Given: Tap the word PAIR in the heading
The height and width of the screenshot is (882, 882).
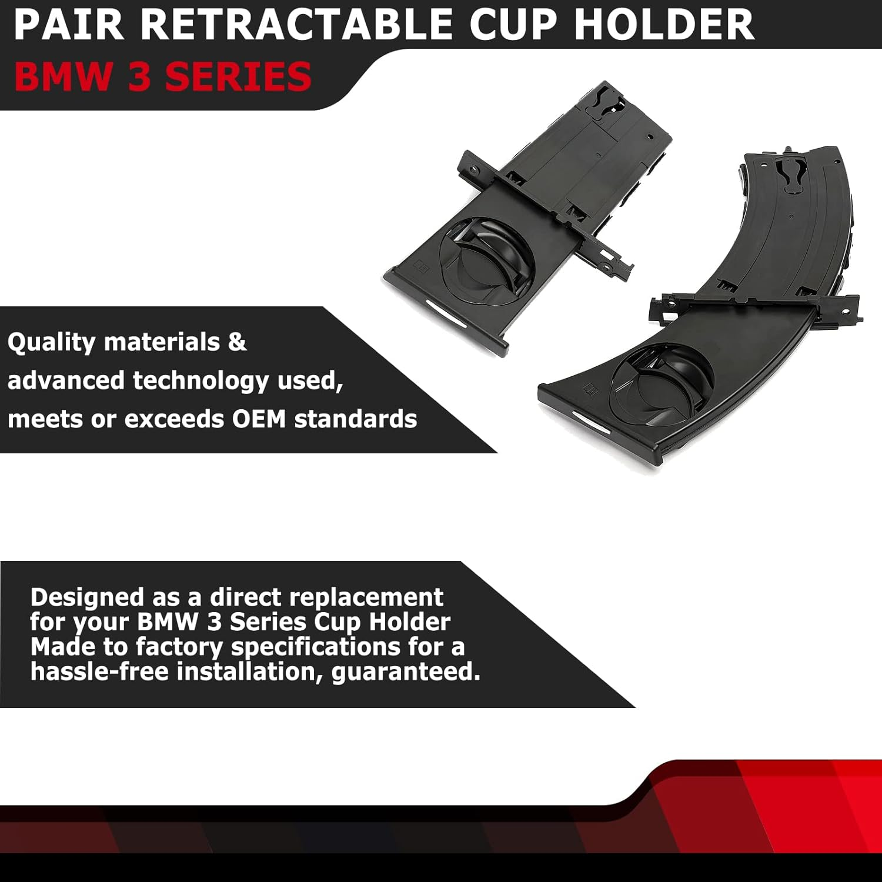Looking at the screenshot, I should pyautogui.click(x=69, y=25).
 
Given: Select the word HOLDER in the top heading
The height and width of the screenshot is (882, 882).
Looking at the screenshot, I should pyautogui.click(x=664, y=25).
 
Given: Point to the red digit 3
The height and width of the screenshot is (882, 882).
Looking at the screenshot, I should pyautogui.click(x=139, y=78).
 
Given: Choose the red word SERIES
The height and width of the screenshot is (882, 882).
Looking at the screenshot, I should pyautogui.click(x=238, y=78).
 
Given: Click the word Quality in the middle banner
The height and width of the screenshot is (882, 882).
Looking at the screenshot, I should pyautogui.click(x=51, y=342).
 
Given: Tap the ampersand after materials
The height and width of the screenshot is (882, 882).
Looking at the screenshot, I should pyautogui.click(x=237, y=342).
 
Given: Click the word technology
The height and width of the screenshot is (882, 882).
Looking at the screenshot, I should pyautogui.click(x=201, y=381).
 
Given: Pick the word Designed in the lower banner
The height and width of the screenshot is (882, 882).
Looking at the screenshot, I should pyautogui.click(x=87, y=597).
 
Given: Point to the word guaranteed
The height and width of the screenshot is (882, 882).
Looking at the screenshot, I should pyautogui.click(x=406, y=671).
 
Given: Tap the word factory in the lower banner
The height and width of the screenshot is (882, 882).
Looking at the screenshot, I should pyautogui.click(x=179, y=647).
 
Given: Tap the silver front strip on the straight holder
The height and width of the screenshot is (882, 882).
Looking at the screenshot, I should pyautogui.click(x=446, y=310).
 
